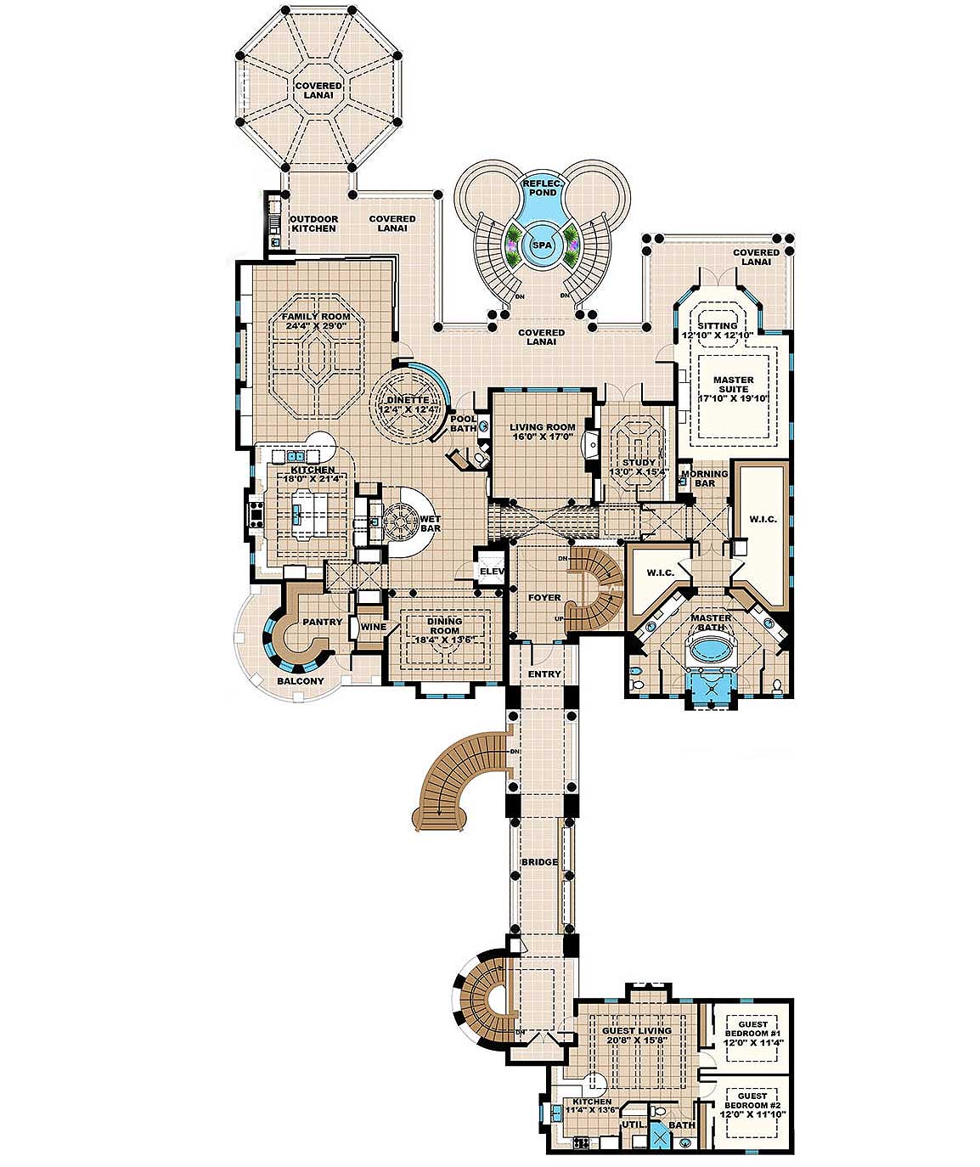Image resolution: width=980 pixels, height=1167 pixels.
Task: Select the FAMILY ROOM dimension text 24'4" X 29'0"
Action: point(316,326)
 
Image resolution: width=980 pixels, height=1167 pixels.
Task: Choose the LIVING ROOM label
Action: point(542,427)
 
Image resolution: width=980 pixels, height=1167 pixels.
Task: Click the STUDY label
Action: point(639,463)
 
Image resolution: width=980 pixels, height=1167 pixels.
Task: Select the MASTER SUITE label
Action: point(733,385)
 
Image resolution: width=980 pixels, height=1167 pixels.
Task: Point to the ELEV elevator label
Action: point(492,572)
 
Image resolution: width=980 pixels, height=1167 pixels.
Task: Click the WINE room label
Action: point(373,627)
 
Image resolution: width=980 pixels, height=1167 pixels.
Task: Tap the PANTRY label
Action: point(323,622)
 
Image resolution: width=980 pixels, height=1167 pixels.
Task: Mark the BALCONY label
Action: point(300,681)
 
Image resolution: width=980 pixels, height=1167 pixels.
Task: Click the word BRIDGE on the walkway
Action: point(539,862)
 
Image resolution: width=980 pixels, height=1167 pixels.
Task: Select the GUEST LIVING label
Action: point(636,1031)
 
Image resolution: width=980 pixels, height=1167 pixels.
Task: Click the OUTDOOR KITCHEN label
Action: point(314,223)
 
